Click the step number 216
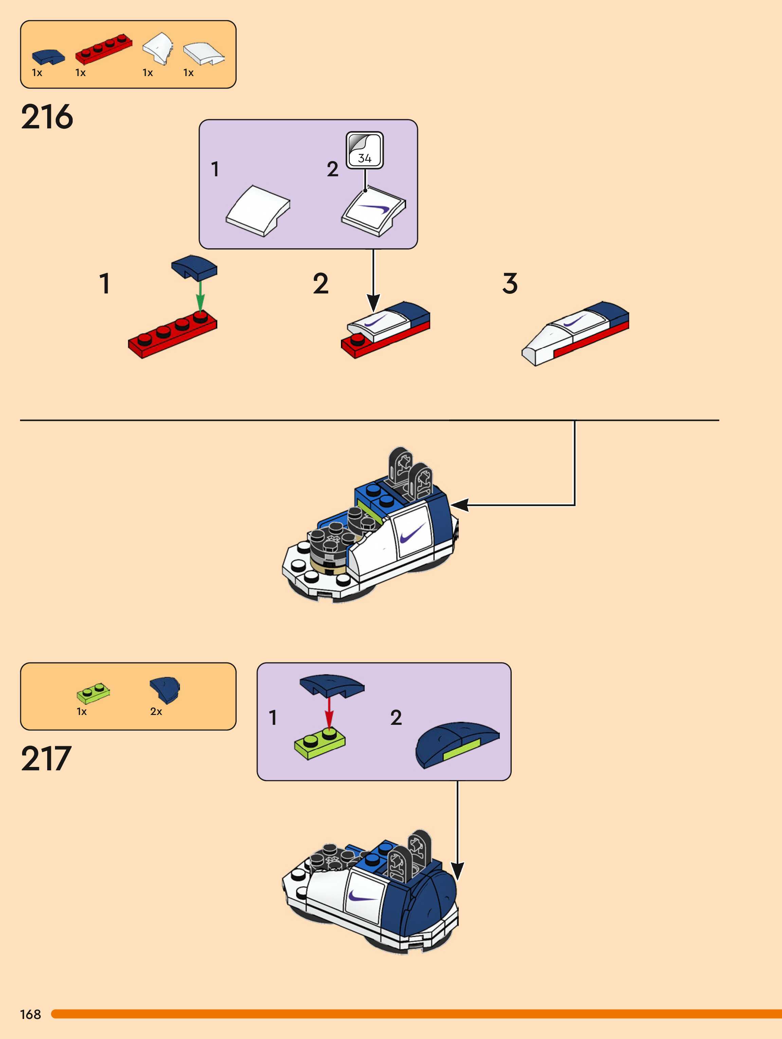coord(47,117)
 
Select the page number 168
coord(31,1015)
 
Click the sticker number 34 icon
coord(364,150)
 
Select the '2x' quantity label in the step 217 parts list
coord(156,712)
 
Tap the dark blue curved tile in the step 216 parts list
coord(48,56)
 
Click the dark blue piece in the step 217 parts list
coord(164,689)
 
